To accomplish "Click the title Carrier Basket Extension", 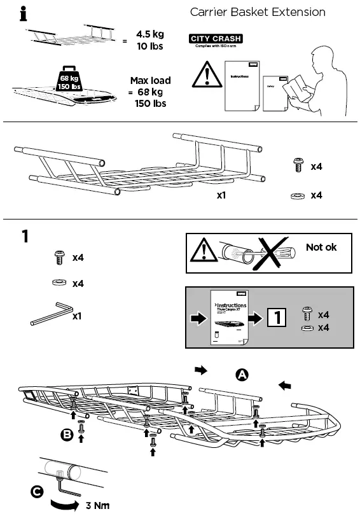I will pos(258,12).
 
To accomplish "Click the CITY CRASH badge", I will pos(216,39).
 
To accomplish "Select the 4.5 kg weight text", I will pos(150,35).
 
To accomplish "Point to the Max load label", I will pos(150,81).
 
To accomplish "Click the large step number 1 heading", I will pos(25,237).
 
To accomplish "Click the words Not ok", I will pos(321,247).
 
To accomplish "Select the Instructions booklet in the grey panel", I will pos(228,317).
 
